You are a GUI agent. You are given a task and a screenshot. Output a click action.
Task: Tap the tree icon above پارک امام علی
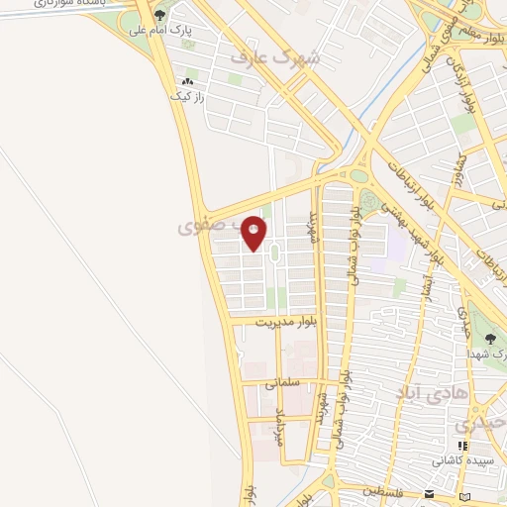click(x=158, y=15)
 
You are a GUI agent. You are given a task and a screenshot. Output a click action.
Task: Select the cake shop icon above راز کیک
click(x=185, y=81)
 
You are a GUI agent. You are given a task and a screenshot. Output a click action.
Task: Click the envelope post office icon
click(x=429, y=493)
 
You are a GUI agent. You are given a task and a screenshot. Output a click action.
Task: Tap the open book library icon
click(x=466, y=494)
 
